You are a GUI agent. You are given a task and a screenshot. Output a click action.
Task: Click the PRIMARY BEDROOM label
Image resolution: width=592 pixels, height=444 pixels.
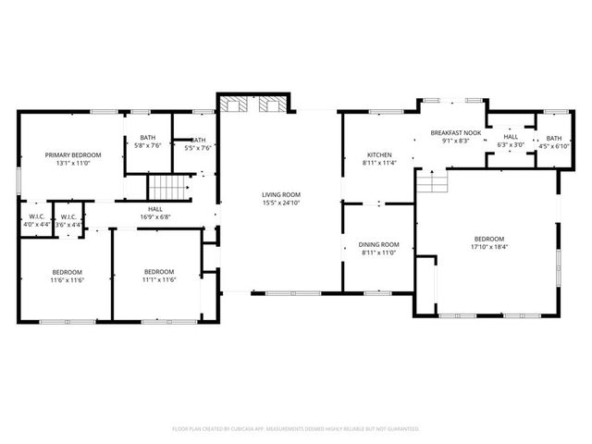pos(73,154)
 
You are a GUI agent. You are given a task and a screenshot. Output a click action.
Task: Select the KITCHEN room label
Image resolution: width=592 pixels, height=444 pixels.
pos(379,154)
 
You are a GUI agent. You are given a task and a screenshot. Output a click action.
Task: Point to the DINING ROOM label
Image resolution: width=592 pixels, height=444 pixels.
pos(377,244)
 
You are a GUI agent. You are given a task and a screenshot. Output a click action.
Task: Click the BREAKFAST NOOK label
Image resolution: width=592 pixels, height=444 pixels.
pos(456,133)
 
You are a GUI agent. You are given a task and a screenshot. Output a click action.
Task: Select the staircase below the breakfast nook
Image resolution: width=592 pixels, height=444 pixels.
pos(431,182)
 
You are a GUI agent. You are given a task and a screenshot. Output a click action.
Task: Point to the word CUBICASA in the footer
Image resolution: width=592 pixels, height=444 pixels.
pos(234,429)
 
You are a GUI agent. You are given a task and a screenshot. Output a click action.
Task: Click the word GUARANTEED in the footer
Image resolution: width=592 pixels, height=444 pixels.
pos(400,429)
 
